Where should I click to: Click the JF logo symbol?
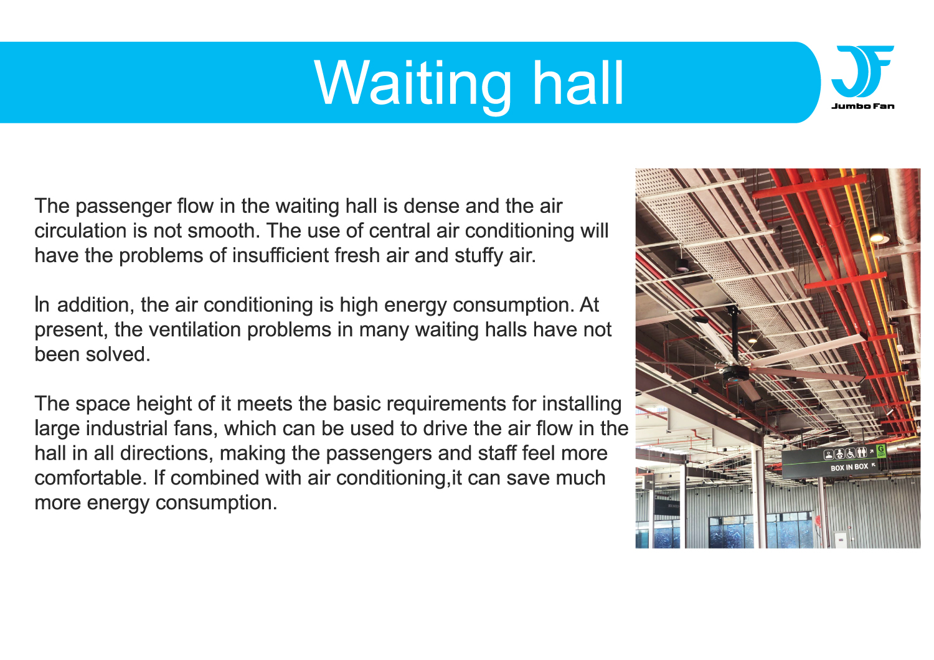tap(862, 72)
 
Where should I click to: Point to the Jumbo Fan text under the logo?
tap(862, 106)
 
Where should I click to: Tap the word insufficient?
tap(281, 255)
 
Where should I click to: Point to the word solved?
tap(118, 354)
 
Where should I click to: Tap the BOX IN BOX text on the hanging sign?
tap(849, 468)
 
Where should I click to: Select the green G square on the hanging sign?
tap(880, 451)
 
